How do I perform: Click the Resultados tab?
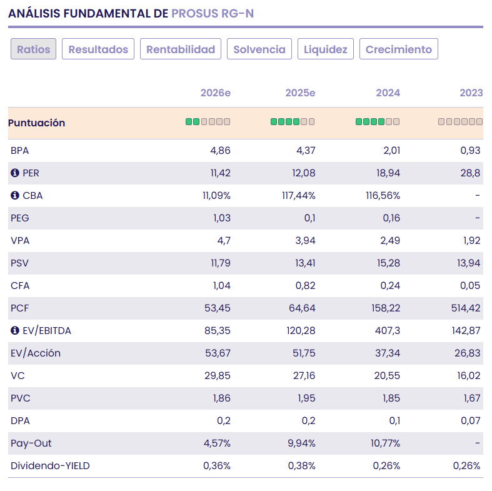[98, 49]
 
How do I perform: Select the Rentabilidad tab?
[181, 49]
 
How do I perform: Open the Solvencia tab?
[259, 49]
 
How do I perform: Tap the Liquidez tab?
[326, 49]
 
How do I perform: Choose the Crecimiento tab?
[399, 49]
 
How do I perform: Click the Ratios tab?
[34, 49]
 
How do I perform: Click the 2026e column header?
[215, 93]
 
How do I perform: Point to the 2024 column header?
[388, 93]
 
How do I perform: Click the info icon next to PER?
[15, 173]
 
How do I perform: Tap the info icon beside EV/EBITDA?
[15, 331]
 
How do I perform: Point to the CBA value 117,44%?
[298, 196]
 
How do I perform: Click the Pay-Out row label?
[31, 443]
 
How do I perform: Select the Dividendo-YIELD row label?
[50, 466]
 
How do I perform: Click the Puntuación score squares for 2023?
[460, 122]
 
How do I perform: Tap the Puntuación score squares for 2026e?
[208, 122]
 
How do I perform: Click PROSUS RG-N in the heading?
[213, 13]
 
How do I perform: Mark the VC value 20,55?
[388, 376]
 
